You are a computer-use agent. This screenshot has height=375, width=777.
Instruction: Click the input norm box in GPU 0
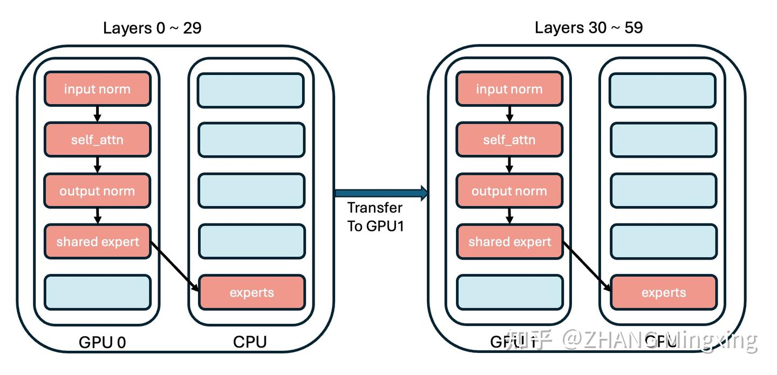[97, 89]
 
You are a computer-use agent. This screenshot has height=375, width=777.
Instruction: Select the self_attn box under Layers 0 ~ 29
[97, 140]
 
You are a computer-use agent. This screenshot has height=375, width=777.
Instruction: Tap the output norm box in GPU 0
[97, 191]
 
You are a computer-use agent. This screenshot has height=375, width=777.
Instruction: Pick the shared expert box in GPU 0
[97, 241]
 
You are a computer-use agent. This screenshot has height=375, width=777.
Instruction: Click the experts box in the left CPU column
[251, 292]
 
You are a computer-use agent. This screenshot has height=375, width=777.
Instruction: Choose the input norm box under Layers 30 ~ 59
[509, 89]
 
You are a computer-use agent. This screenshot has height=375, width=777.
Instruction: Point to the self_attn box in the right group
[509, 140]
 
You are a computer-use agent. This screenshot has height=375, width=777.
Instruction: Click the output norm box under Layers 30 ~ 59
[509, 191]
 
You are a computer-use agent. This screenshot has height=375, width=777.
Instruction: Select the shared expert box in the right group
[509, 241]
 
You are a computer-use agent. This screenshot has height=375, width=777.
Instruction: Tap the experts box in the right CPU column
[663, 292]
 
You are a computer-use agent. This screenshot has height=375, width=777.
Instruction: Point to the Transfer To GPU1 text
[375, 216]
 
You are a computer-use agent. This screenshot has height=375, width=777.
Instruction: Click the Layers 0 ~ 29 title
[152, 28]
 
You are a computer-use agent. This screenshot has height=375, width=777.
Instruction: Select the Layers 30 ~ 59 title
[589, 28]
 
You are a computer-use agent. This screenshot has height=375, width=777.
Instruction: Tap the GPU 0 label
[103, 342]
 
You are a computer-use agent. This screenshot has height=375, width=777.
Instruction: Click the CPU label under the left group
[250, 342]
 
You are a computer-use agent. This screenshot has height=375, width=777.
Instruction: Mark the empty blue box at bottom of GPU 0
[97, 292]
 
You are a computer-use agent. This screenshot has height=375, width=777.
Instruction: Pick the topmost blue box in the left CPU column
[251, 89]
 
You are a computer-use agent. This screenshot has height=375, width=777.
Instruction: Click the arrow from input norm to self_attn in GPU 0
[97, 114]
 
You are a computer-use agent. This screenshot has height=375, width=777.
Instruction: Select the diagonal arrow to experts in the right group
[587, 267]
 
